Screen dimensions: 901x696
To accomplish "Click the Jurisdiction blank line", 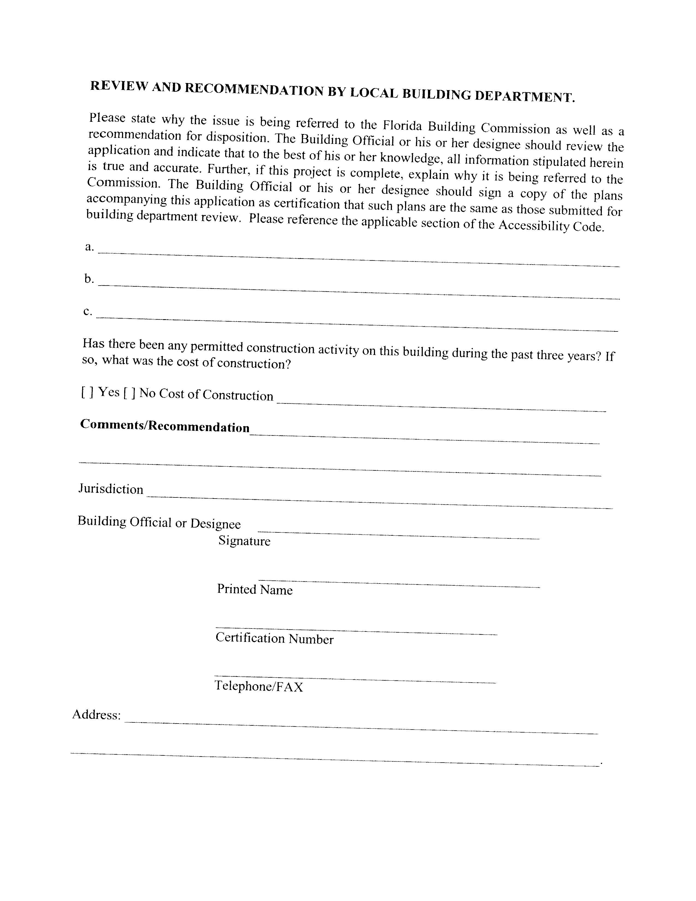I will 379,501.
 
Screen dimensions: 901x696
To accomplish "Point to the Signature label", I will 244,540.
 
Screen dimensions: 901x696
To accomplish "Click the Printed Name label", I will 254,589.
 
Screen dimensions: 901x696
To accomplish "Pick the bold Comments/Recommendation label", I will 165,425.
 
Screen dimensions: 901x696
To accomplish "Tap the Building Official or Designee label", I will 159,522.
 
